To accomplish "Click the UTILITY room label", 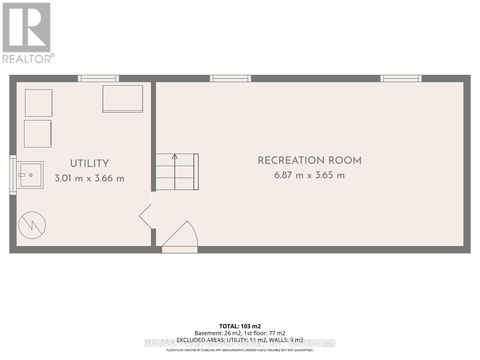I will [89, 164].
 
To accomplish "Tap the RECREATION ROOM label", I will [310, 161].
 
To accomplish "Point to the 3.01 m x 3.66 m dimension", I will [89, 178].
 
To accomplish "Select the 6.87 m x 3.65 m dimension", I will [310, 175].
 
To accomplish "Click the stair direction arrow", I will [175, 157].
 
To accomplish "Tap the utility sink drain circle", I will [31, 175].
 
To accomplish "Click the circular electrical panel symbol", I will [32, 225].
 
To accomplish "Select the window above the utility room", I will [98, 78].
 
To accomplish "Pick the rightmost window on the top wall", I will [401, 78].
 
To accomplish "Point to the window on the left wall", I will [13, 175].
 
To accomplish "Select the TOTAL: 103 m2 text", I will [240, 326].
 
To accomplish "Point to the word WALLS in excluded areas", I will [278, 340].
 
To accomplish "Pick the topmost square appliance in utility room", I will [39, 103].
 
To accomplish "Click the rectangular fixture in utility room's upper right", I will [123, 99].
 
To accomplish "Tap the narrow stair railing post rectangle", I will [196, 172].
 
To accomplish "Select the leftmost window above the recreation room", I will [230, 78].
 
